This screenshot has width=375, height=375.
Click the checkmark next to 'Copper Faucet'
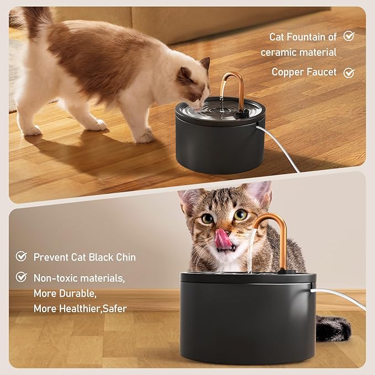(x=348, y=72)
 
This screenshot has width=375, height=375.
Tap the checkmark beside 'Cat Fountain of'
(x=348, y=36)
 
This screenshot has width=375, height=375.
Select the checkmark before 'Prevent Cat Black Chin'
(x=22, y=256)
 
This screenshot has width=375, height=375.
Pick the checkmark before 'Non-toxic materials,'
(x=22, y=277)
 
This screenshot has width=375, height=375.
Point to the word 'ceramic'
(x=278, y=52)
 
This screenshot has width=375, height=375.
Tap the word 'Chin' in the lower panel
(x=124, y=257)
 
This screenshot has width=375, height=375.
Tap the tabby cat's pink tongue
(x=224, y=239)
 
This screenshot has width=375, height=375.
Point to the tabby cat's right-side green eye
(x=240, y=214)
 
